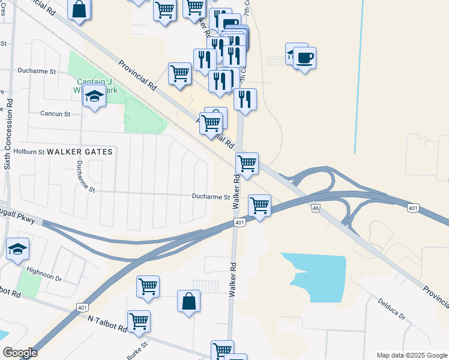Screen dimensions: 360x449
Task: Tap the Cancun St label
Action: pyautogui.click(x=55, y=113)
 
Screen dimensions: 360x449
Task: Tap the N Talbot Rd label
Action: pyautogui.click(x=107, y=326)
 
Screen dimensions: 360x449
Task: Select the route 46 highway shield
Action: pyautogui.click(x=315, y=208)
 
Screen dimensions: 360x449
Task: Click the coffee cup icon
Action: pyautogui.click(x=305, y=58)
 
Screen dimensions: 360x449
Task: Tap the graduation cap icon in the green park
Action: pyautogui.click(x=94, y=96)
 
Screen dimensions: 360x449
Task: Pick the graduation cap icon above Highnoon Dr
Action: pyautogui.click(x=17, y=247)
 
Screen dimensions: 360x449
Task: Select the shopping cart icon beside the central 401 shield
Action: pyautogui.click(x=259, y=205)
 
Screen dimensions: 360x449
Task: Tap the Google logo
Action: pyautogui.click(x=20, y=353)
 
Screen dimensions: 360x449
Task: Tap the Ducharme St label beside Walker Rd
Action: pyautogui.click(x=211, y=197)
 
